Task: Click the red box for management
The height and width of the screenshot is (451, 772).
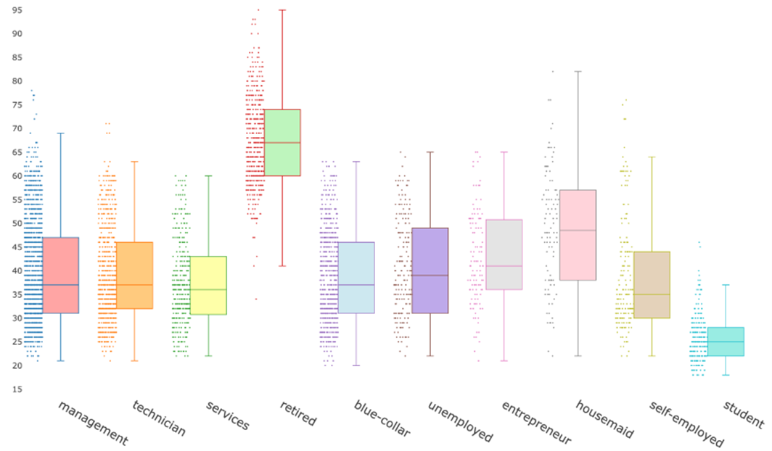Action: click(x=61, y=276)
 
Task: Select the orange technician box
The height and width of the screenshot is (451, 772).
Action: click(x=134, y=276)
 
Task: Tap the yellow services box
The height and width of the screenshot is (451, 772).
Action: click(x=208, y=286)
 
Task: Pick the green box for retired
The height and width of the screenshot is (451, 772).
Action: click(x=282, y=142)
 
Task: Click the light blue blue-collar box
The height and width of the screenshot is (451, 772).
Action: click(x=356, y=278)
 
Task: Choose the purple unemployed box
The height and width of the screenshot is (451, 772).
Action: click(x=430, y=270)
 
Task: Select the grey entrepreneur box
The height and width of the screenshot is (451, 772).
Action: click(x=504, y=255)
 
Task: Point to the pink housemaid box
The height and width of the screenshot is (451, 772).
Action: click(x=578, y=235)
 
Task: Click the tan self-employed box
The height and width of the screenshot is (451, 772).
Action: click(x=652, y=285)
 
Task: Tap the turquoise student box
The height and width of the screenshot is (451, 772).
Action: click(x=726, y=342)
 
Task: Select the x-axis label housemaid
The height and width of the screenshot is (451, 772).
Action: click(x=604, y=419)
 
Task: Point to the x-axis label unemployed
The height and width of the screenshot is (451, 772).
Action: click(x=460, y=421)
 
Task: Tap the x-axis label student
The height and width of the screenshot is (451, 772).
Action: click(x=744, y=413)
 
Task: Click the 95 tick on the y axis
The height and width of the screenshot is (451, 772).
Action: click(x=16, y=10)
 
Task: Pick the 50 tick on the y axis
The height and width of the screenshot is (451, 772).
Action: click(x=16, y=223)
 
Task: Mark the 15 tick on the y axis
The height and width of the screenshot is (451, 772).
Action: click(x=16, y=389)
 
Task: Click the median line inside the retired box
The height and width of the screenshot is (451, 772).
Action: click(x=282, y=142)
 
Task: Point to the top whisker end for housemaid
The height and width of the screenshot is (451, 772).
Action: click(x=578, y=71)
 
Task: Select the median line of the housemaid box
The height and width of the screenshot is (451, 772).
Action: click(x=578, y=230)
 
